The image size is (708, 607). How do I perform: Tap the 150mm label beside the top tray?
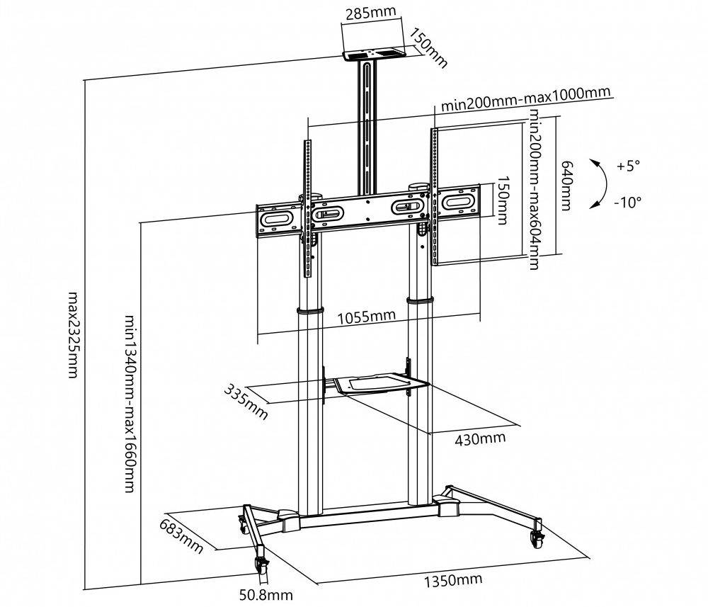430,48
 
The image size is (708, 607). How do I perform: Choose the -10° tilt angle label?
627,202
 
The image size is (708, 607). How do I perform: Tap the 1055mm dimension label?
365,317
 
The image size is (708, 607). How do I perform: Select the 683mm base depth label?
181,538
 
